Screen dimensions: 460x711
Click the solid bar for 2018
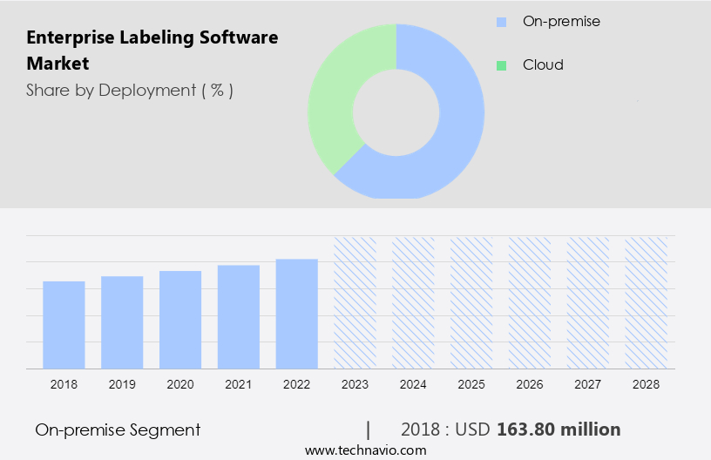click(x=64, y=324)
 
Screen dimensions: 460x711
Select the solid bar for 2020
click(x=180, y=319)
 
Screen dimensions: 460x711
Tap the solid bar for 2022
click(x=297, y=313)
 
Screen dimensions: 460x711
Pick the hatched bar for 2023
click(x=355, y=301)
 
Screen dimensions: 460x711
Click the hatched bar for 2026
click(x=530, y=301)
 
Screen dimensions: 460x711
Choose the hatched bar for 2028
click(x=647, y=301)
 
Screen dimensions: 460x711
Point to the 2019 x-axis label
click(x=122, y=384)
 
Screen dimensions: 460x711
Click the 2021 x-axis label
click(x=239, y=384)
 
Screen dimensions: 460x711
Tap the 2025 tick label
click(x=471, y=384)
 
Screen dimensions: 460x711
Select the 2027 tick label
click(x=588, y=384)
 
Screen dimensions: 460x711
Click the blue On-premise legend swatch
click(x=501, y=22)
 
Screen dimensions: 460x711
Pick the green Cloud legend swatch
click(x=501, y=65)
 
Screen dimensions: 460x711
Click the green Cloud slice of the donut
click(x=335, y=96)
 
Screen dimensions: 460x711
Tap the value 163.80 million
click(x=559, y=430)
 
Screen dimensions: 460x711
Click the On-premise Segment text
click(x=118, y=430)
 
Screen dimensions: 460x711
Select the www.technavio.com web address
click(x=365, y=450)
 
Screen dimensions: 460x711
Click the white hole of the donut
click(x=396, y=111)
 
